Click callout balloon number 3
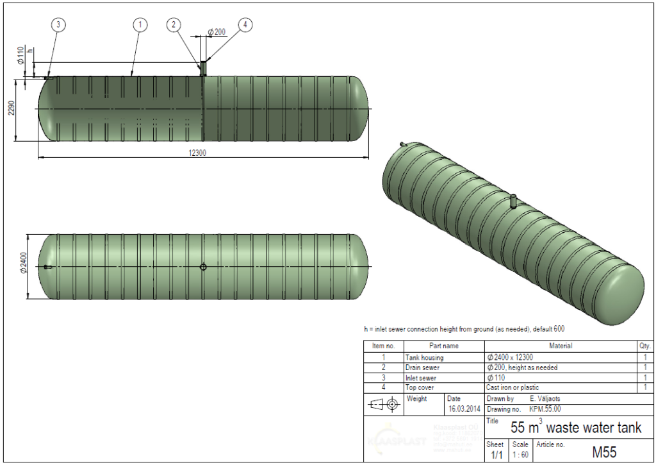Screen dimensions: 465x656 point(58,25)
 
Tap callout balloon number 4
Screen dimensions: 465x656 point(245,25)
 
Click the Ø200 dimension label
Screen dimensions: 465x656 point(217,32)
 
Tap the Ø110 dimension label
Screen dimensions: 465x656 point(20,56)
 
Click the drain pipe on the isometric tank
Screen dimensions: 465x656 point(514,201)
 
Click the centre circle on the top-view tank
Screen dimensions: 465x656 point(203,267)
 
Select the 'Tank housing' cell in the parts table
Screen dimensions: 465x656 point(424,357)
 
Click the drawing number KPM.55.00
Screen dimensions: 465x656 point(546,409)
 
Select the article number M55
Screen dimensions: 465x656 point(604,452)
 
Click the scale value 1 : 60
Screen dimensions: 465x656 point(520,455)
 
